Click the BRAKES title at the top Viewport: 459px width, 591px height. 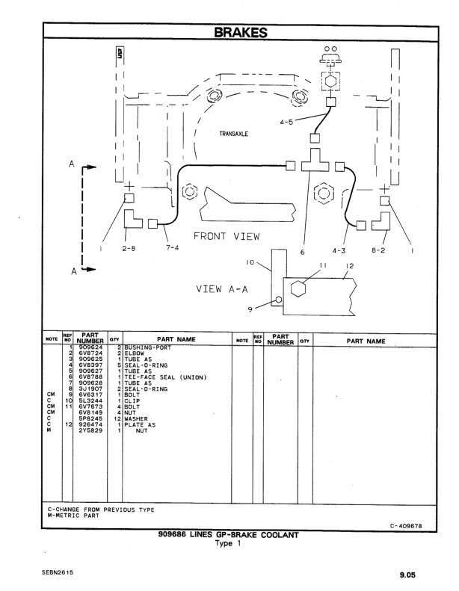tap(241, 32)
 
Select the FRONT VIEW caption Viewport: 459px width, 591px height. tap(227, 237)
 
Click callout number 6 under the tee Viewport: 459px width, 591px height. tap(303, 252)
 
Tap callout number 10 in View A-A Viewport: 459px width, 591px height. tap(251, 263)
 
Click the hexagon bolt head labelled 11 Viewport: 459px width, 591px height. tap(298, 288)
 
